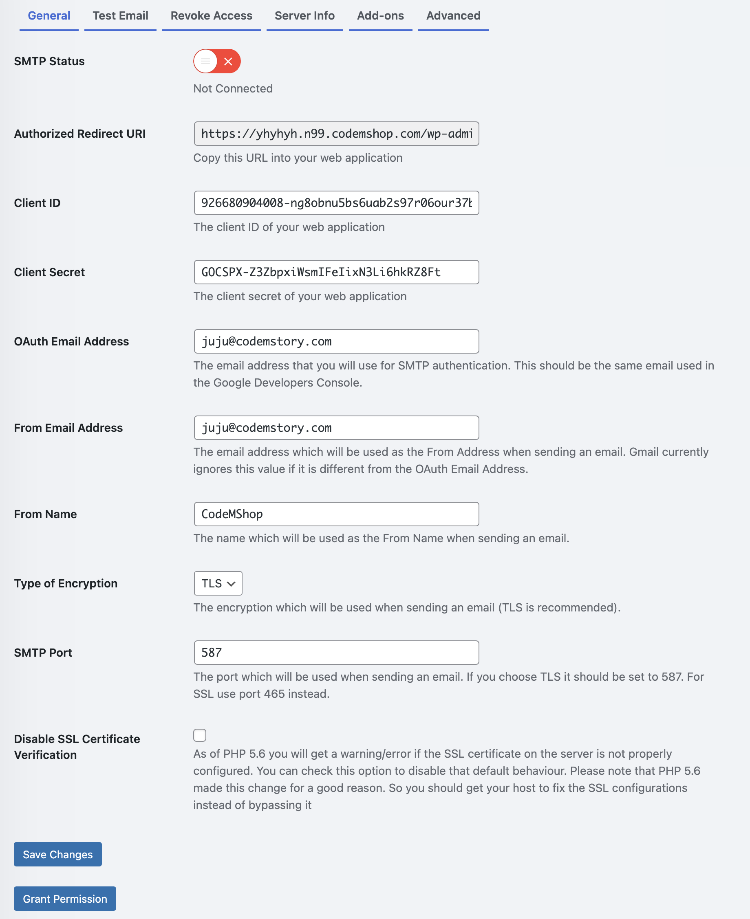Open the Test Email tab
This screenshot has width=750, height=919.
(120, 16)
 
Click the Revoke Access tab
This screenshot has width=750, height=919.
(211, 16)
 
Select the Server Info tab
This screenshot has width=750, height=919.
(304, 16)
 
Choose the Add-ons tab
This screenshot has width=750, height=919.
(380, 16)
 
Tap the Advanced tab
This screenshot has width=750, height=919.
(453, 16)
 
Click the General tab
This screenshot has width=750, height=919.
(49, 16)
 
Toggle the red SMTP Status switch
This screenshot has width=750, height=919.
(217, 61)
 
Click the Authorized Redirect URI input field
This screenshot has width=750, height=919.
(336, 134)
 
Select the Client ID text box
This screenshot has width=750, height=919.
(336, 203)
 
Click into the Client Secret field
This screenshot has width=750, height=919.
(336, 272)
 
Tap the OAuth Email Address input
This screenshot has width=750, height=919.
(336, 341)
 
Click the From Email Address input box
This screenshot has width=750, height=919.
(336, 428)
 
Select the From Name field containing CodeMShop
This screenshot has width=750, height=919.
(336, 514)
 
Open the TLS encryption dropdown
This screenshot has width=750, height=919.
(218, 584)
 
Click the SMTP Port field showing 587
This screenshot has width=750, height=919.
(336, 653)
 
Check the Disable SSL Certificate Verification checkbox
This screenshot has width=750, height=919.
(200, 735)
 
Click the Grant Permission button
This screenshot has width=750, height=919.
(65, 899)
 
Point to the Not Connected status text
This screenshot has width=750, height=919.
(233, 88)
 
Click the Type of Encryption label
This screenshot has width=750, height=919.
(66, 584)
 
